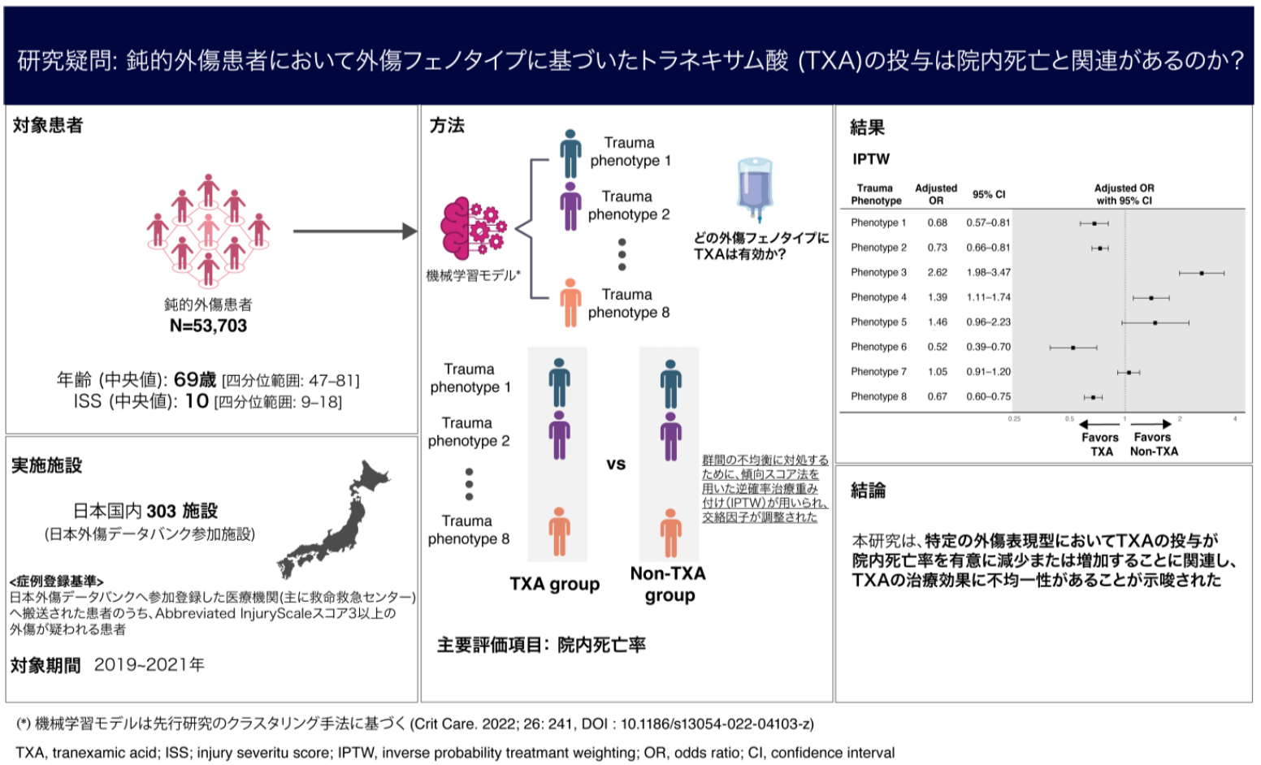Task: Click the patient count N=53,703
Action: pos(208,326)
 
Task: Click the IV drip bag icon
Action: pos(756,189)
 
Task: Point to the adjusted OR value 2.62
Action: pos(937,273)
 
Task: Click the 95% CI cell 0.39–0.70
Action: pos(988,347)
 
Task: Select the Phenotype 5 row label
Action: pos(878,322)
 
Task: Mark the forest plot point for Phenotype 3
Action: pos(1202,273)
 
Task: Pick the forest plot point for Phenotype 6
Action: pos(1072,348)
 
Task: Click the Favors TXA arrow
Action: pos(1099,424)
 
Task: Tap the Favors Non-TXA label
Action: pos(1153,444)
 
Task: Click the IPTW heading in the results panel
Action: pos(871,159)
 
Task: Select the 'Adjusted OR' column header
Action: pos(936,194)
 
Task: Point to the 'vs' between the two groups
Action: pos(616,465)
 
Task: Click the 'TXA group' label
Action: pos(555,585)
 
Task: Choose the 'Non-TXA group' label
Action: pos(669,585)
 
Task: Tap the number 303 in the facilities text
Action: pos(161,511)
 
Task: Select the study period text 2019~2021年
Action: pos(149,665)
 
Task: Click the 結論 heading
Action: pos(868,491)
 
